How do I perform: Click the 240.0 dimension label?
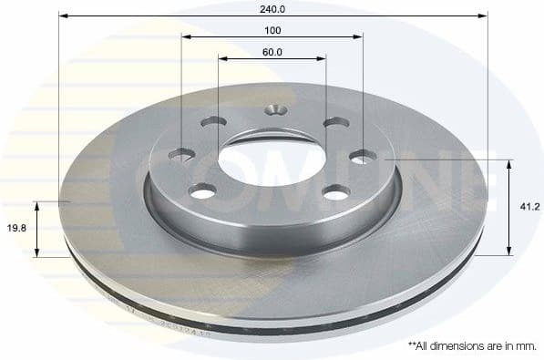[x=272, y=8]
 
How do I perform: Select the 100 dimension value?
[x=272, y=30]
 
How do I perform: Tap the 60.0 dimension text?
[x=272, y=52]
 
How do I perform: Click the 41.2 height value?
[x=529, y=207]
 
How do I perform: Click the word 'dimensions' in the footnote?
[x=467, y=346]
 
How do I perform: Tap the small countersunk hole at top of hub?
[x=275, y=111]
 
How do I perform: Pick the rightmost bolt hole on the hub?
[x=363, y=157]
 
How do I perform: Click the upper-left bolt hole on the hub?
[x=213, y=121]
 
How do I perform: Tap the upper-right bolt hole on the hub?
[x=335, y=123]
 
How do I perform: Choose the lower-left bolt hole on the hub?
[x=202, y=190]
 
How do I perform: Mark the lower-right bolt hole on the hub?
[x=336, y=191]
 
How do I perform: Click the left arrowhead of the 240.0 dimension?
[x=63, y=15]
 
